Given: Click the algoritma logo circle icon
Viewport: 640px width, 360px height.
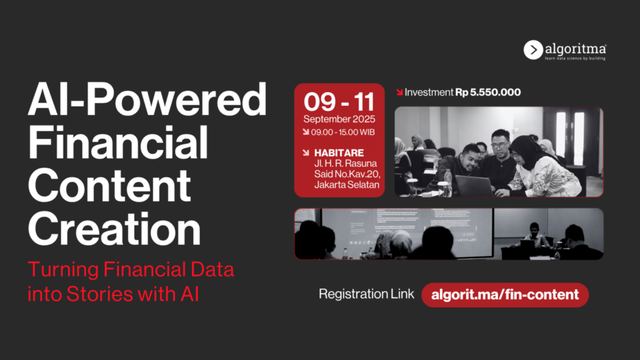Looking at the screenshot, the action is click(x=533, y=50).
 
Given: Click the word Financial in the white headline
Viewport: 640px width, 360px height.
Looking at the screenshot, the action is click(x=118, y=142).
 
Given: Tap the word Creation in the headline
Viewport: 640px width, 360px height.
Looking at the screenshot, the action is click(x=114, y=229).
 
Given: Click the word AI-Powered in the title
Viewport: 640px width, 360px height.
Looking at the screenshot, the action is click(x=147, y=99).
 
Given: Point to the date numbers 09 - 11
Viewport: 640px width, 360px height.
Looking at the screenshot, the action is click(x=339, y=102).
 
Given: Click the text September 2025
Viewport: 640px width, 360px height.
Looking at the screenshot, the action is click(x=339, y=119).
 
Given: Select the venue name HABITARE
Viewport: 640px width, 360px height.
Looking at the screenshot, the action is click(x=339, y=153).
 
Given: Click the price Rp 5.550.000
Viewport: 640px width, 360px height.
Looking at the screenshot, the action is click(x=488, y=93).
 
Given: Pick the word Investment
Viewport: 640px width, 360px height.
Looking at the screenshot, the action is click(x=429, y=93).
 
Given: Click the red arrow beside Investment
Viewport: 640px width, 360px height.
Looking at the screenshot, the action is click(x=400, y=93).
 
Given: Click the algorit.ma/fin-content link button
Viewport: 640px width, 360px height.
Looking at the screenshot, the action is click(x=505, y=295).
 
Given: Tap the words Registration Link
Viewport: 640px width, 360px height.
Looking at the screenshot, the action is click(x=367, y=294).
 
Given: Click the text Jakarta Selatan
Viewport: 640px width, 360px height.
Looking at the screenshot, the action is click(x=347, y=185).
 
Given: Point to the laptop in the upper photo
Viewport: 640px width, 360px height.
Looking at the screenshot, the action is click(x=474, y=185).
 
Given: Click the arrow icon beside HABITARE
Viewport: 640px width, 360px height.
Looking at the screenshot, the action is click(x=306, y=153).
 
